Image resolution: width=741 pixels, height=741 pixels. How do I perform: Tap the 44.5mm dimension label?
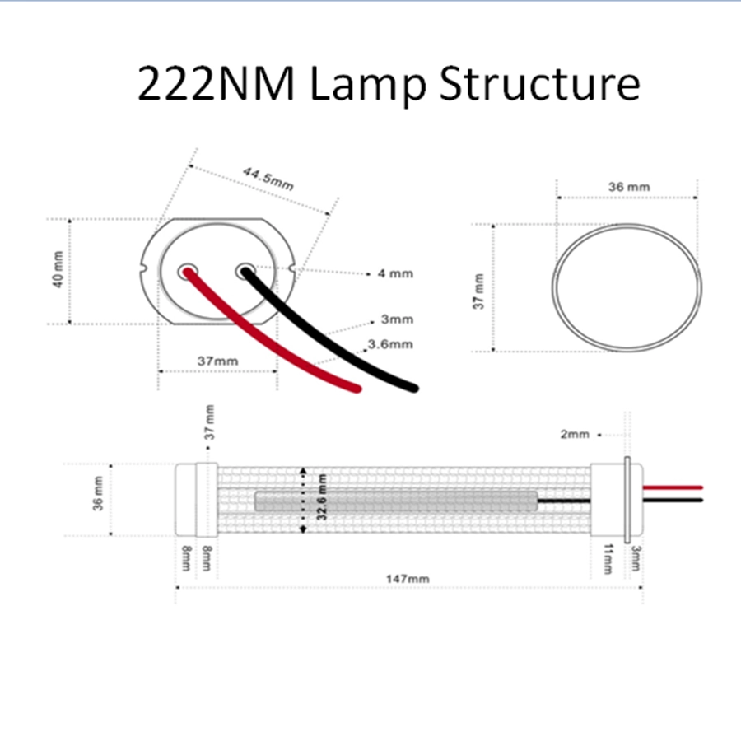click(268, 179)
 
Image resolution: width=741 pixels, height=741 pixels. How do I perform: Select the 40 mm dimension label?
click(57, 270)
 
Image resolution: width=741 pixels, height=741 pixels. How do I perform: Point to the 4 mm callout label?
click(395, 273)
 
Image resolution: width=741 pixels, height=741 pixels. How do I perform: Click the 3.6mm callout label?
click(390, 343)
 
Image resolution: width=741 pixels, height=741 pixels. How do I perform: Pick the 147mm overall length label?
click(408, 579)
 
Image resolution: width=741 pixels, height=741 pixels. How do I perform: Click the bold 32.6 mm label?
click(322, 497)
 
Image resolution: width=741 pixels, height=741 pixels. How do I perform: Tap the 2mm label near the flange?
click(575, 434)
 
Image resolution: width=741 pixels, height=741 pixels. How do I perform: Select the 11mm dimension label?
click(608, 558)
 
